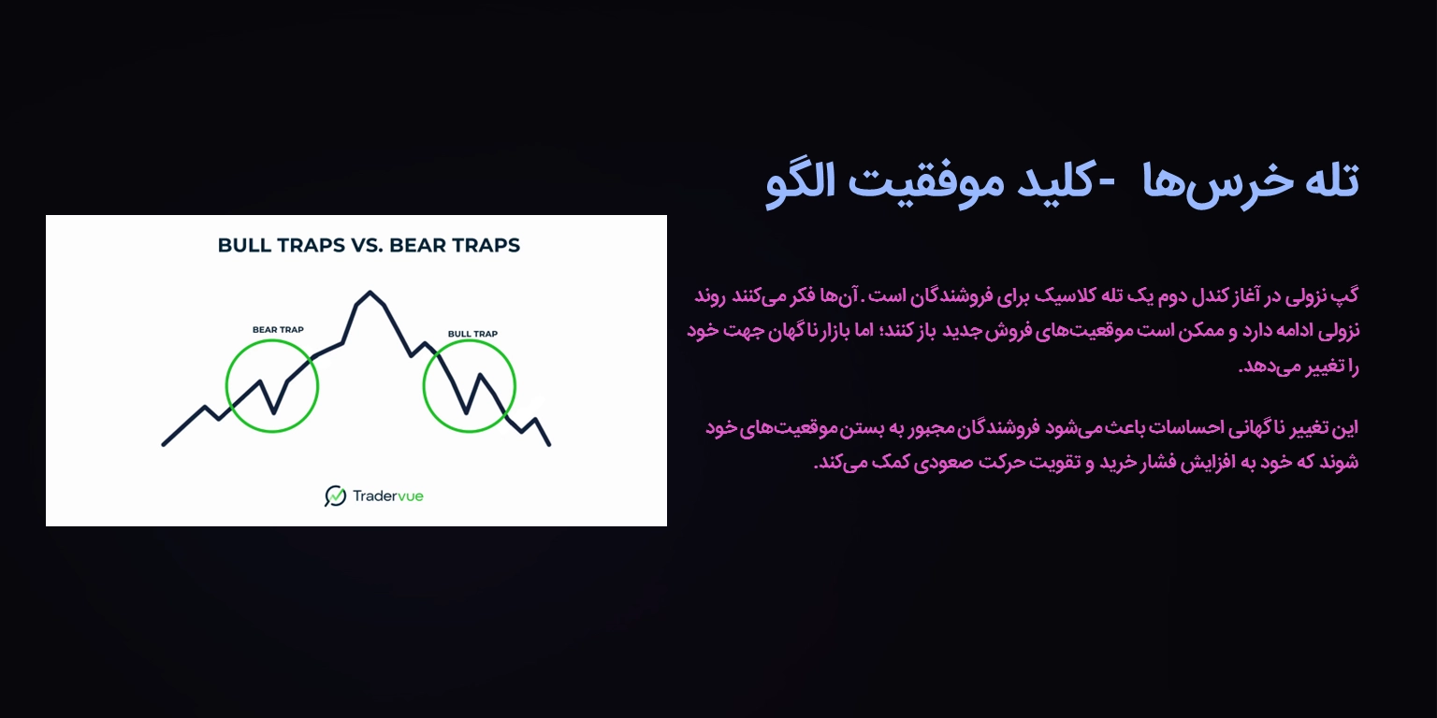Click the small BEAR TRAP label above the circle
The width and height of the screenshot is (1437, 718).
278,329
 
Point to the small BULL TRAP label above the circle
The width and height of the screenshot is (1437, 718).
472,334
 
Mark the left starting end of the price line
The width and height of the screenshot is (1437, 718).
165,444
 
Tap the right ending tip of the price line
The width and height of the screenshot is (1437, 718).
549,444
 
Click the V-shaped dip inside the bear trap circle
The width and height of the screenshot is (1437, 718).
274,412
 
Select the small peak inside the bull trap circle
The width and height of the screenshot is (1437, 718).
480,375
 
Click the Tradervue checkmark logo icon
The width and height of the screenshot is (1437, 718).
335,495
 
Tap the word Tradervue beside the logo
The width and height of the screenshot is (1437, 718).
387,495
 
